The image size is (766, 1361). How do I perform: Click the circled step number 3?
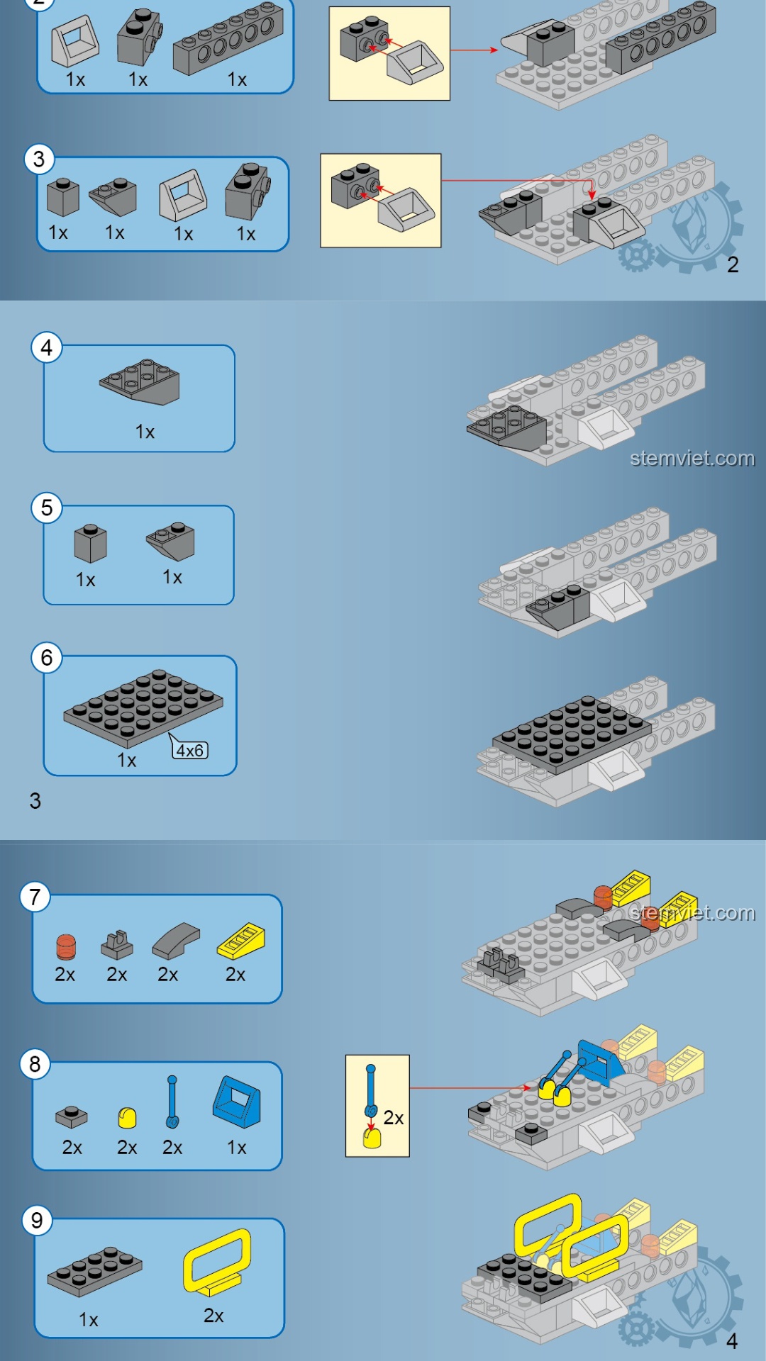39,159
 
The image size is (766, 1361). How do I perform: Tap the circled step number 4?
47,347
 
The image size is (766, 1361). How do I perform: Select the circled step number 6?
47,658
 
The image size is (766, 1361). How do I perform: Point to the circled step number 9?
37,1220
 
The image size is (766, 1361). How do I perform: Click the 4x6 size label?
190,750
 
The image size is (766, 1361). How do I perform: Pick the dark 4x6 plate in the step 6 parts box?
143,707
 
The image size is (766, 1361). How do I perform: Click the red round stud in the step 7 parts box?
66,947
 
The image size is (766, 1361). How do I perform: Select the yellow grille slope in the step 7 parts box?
241,941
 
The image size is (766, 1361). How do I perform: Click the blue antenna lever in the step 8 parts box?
172,1102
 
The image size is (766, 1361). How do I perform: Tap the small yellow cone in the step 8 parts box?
127,1118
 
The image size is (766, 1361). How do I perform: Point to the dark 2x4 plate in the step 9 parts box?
95,1271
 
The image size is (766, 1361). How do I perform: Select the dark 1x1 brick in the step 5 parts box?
90,544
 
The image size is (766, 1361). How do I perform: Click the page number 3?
35,801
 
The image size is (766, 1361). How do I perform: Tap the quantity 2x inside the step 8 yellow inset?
394,1118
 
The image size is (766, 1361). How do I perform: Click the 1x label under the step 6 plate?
126,761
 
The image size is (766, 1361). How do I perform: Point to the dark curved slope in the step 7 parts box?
176,941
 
